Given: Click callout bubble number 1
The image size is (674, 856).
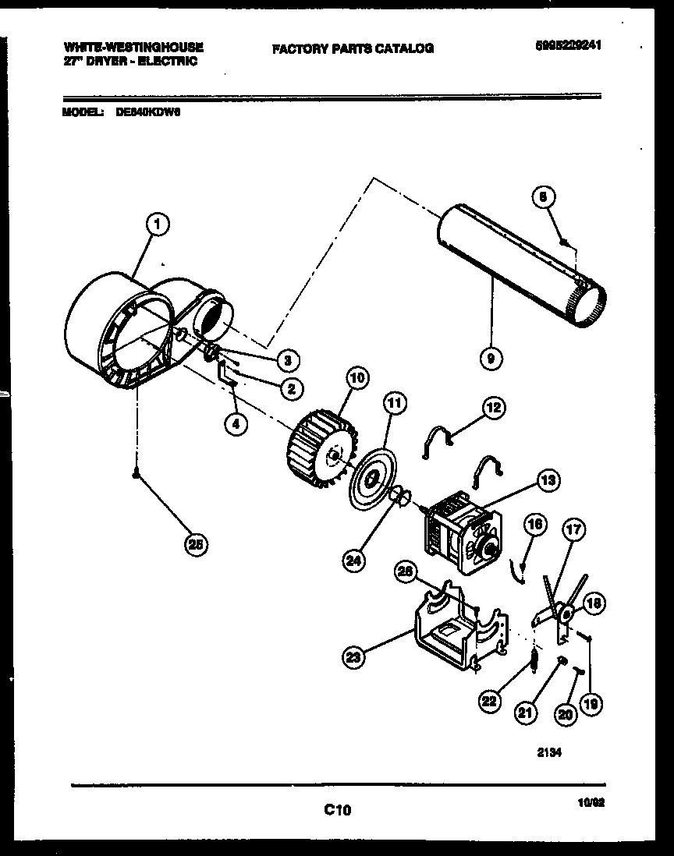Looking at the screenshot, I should point(158,225).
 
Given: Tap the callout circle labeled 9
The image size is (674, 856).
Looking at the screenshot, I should point(491,359).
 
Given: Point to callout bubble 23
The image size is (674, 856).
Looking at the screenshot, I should point(354,657).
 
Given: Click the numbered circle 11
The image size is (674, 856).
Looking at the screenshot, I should point(395,403).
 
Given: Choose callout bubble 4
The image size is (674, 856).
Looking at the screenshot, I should point(235,423).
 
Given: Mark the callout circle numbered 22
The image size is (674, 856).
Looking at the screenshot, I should point(490,702).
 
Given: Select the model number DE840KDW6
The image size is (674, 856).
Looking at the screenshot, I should point(147,111).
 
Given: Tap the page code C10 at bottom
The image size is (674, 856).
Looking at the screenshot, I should point(338,811).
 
